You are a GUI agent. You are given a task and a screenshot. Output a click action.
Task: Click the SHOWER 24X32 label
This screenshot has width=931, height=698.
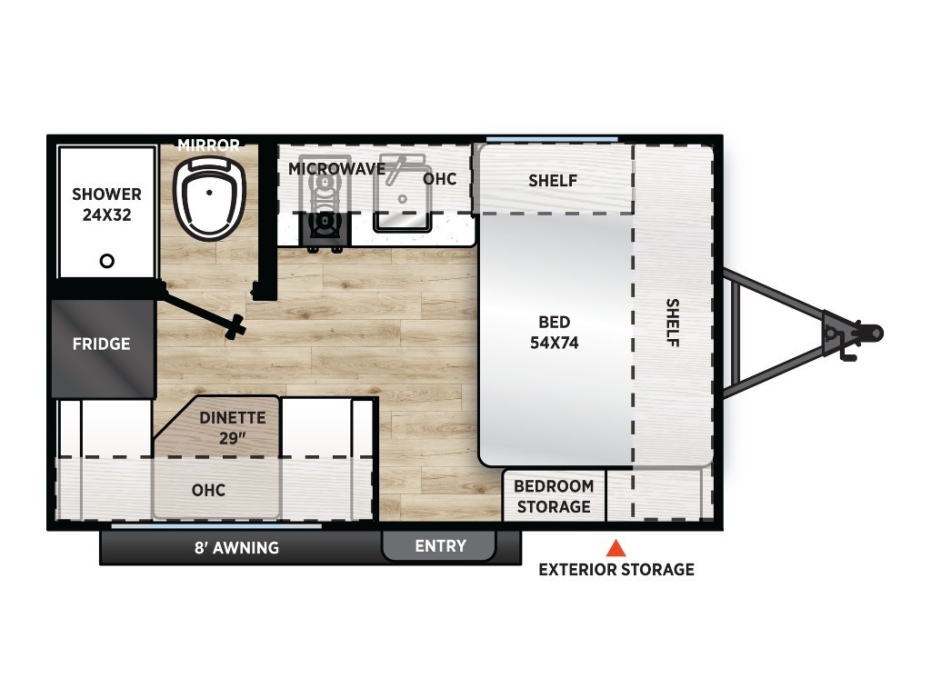(x=107, y=204)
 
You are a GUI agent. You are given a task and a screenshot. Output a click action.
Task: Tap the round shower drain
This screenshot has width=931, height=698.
(x=107, y=261)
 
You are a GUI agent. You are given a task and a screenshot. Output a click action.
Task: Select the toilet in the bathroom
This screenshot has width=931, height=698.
(x=209, y=198)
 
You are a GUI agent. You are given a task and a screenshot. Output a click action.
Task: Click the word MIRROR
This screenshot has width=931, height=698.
(x=208, y=145)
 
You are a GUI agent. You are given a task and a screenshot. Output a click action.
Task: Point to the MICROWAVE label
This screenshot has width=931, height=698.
(x=336, y=169)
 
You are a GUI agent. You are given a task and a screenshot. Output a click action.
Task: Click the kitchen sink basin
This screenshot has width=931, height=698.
(x=402, y=194)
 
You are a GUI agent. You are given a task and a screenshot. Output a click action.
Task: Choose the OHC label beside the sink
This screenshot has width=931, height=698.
(x=440, y=179)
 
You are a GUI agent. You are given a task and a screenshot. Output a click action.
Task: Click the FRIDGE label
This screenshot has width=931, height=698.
(x=102, y=344)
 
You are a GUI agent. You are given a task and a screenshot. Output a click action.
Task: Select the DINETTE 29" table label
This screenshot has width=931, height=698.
(x=233, y=427)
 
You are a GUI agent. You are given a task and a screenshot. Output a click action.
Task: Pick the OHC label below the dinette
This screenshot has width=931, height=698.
(x=208, y=490)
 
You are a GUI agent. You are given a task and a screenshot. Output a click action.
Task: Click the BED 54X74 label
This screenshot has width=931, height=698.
(x=554, y=333)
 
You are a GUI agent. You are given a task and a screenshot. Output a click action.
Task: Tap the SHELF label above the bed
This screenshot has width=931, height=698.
(x=553, y=181)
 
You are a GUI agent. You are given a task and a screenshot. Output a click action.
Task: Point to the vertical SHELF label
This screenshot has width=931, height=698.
(x=672, y=323)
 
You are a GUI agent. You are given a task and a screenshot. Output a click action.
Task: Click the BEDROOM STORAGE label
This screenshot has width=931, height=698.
(x=554, y=496)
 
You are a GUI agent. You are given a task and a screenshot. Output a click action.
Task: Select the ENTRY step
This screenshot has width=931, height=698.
(x=439, y=546)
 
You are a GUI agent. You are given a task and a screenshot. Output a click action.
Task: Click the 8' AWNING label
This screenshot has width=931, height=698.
(x=237, y=547)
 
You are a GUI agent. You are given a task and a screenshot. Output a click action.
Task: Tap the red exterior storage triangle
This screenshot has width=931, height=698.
(x=616, y=548)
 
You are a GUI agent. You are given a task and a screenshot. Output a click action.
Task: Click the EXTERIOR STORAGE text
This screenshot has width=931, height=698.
(x=616, y=570)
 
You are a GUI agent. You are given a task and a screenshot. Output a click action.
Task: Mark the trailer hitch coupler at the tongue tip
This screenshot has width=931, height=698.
(x=872, y=333)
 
